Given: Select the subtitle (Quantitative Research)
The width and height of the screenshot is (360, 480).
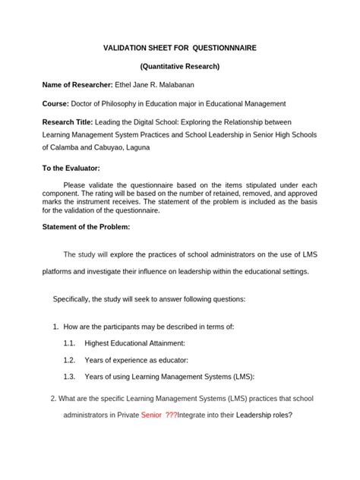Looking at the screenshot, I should [179, 66].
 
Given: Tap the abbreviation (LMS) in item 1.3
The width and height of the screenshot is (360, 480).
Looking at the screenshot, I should [241, 377].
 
